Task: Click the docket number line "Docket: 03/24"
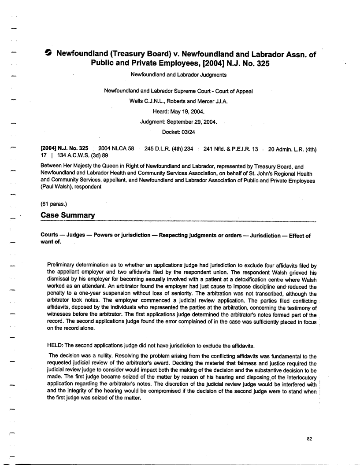(x=178, y=131)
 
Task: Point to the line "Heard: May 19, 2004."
(x=178, y=111)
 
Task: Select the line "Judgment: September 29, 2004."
(x=178, y=122)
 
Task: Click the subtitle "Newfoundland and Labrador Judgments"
(x=178, y=74)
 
